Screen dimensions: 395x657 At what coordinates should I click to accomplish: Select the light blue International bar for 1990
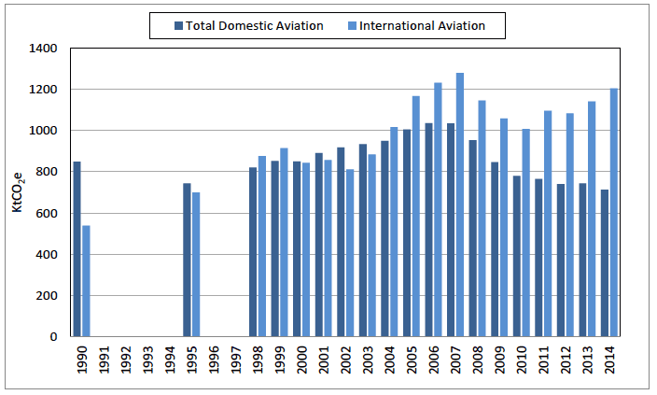[86, 281]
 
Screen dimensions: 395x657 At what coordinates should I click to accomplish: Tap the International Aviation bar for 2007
[460, 205]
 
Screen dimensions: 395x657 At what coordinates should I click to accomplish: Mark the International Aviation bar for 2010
[526, 233]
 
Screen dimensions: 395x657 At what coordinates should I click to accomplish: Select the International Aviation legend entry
[416, 25]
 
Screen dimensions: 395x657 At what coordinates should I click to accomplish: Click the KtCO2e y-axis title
[19, 191]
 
